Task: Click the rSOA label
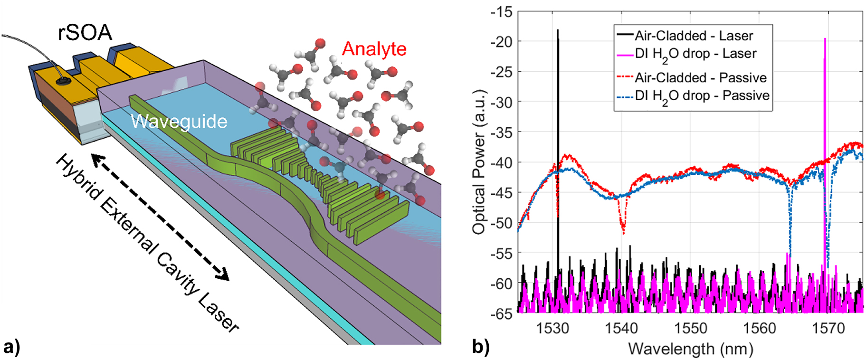85,33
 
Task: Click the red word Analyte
374,49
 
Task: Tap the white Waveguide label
179,122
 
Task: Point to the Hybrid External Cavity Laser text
147,242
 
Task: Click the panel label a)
11,347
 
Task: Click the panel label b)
481,347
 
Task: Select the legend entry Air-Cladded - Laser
694,36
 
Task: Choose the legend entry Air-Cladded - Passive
700,77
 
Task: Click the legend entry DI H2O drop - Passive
702,96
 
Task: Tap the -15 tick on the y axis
502,11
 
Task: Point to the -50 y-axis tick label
502,223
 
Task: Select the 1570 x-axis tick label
828,328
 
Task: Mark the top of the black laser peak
558,30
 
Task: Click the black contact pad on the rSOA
62,82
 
